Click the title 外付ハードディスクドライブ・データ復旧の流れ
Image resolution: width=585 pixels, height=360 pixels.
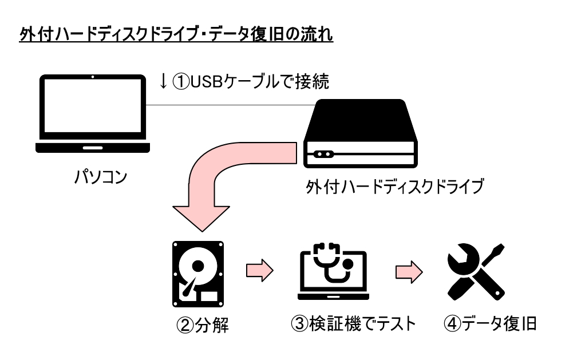pyautogui.click(x=176, y=35)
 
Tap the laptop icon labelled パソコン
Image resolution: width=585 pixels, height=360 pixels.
pyautogui.click(x=93, y=114)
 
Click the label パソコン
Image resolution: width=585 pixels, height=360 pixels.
pyautogui.click(x=101, y=177)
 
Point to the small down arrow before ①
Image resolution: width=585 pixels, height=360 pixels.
pyautogui.click(x=163, y=81)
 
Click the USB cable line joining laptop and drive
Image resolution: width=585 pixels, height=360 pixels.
pyautogui.click(x=231, y=105)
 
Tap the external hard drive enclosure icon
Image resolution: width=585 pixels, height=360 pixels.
pyautogui.click(x=361, y=133)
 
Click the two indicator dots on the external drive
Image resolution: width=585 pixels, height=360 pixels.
pyautogui.click(x=323, y=154)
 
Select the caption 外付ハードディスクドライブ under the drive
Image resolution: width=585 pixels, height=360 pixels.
pyautogui.click(x=395, y=187)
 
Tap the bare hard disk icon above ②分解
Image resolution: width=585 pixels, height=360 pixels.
pyautogui.click(x=198, y=274)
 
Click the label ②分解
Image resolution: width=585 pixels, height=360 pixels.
pyautogui.click(x=202, y=325)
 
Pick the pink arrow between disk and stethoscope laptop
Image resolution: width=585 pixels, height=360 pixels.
pyautogui.click(x=260, y=270)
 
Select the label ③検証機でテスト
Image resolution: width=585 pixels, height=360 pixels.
pyautogui.click(x=353, y=323)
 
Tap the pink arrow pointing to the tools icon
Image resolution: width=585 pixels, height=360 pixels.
pyautogui.click(x=409, y=272)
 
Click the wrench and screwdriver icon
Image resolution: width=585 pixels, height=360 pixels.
pyautogui.click(x=476, y=272)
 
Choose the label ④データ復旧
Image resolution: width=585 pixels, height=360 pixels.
pyautogui.click(x=490, y=323)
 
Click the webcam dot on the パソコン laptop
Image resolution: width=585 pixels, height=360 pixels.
pyautogui.click(x=93, y=77)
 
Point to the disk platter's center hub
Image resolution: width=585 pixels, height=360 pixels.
pyautogui.click(x=197, y=266)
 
